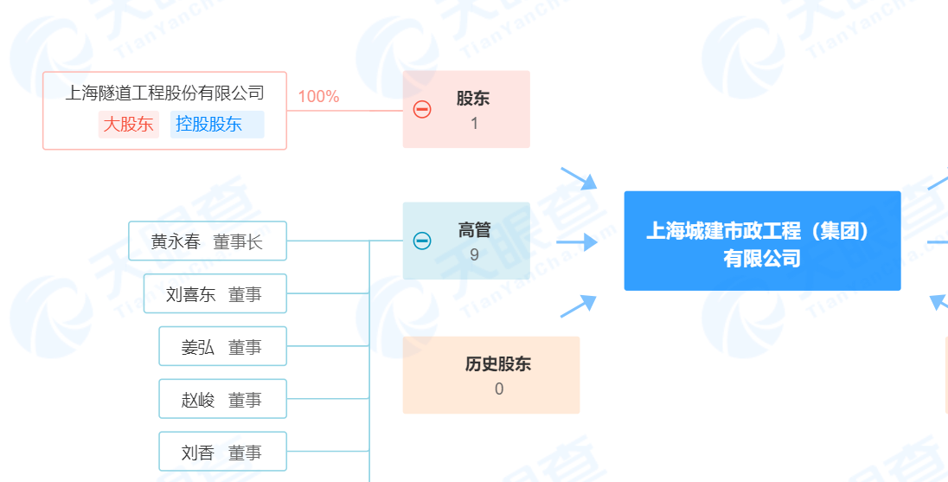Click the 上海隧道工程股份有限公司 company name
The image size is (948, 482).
point(164,93)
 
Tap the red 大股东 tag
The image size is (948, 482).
point(128,124)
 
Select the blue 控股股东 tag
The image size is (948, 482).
point(208,124)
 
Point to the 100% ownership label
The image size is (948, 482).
point(318,96)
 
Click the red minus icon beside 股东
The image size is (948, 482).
point(422,110)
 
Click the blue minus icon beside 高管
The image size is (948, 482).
point(422,241)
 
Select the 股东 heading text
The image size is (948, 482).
point(473,99)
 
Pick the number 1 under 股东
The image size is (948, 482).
point(474,124)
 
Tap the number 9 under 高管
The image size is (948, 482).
point(474,254)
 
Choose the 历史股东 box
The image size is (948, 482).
point(490,375)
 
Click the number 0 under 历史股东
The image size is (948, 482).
point(498,389)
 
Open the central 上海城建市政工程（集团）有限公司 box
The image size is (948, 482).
point(762,241)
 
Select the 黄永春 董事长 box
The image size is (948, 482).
point(207,241)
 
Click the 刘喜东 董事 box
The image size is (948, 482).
point(215,294)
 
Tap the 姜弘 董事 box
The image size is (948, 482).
point(222,347)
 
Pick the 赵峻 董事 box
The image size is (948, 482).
point(222,400)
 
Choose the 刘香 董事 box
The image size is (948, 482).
point(222,452)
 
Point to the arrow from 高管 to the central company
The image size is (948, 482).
point(578,241)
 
